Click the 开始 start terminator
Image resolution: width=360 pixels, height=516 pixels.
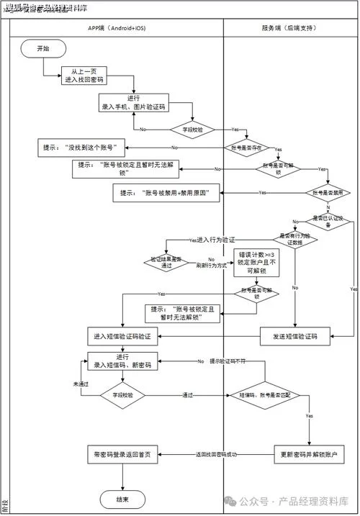[x=44, y=48]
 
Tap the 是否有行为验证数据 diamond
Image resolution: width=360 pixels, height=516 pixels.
[x=294, y=240]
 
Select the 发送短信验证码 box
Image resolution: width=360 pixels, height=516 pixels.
[x=294, y=336]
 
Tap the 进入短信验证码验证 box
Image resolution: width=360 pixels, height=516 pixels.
[x=122, y=336]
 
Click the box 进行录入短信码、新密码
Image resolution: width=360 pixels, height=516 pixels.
[x=122, y=361]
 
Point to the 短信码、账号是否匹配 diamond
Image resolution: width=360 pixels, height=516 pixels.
[x=264, y=395]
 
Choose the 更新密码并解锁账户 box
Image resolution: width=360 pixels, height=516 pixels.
[x=310, y=455]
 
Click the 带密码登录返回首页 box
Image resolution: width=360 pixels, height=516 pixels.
[x=122, y=455]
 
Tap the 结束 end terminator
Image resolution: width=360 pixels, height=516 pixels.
[x=122, y=499]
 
